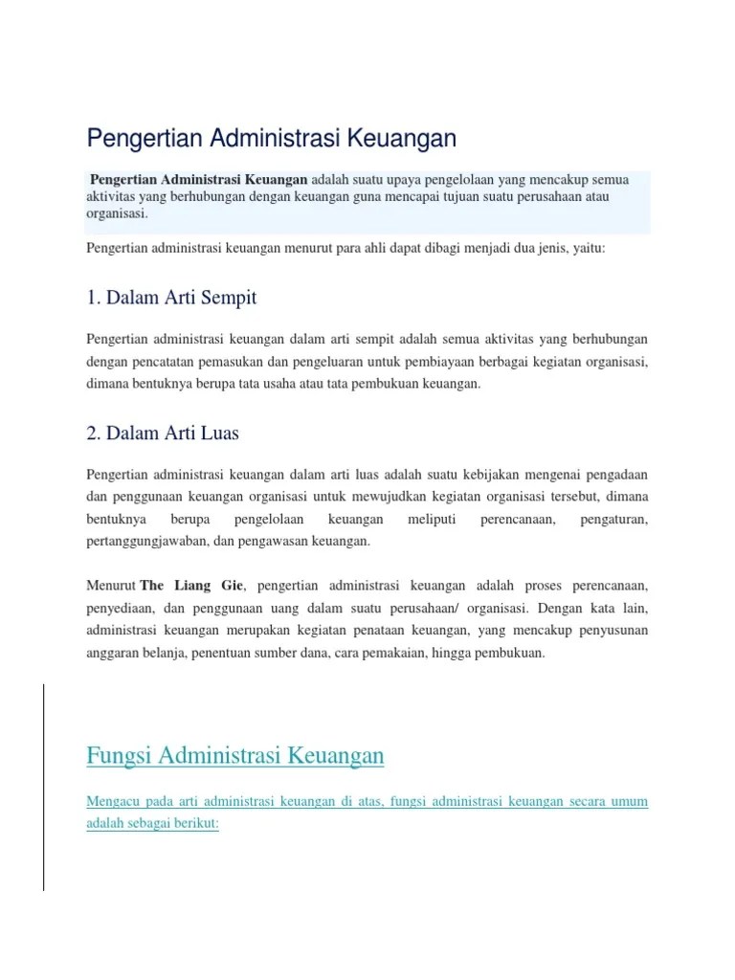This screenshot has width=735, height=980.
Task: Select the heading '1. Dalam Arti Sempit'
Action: tap(171, 298)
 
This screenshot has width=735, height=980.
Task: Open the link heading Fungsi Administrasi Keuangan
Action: tap(235, 756)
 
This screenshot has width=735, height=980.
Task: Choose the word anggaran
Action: tap(113, 654)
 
